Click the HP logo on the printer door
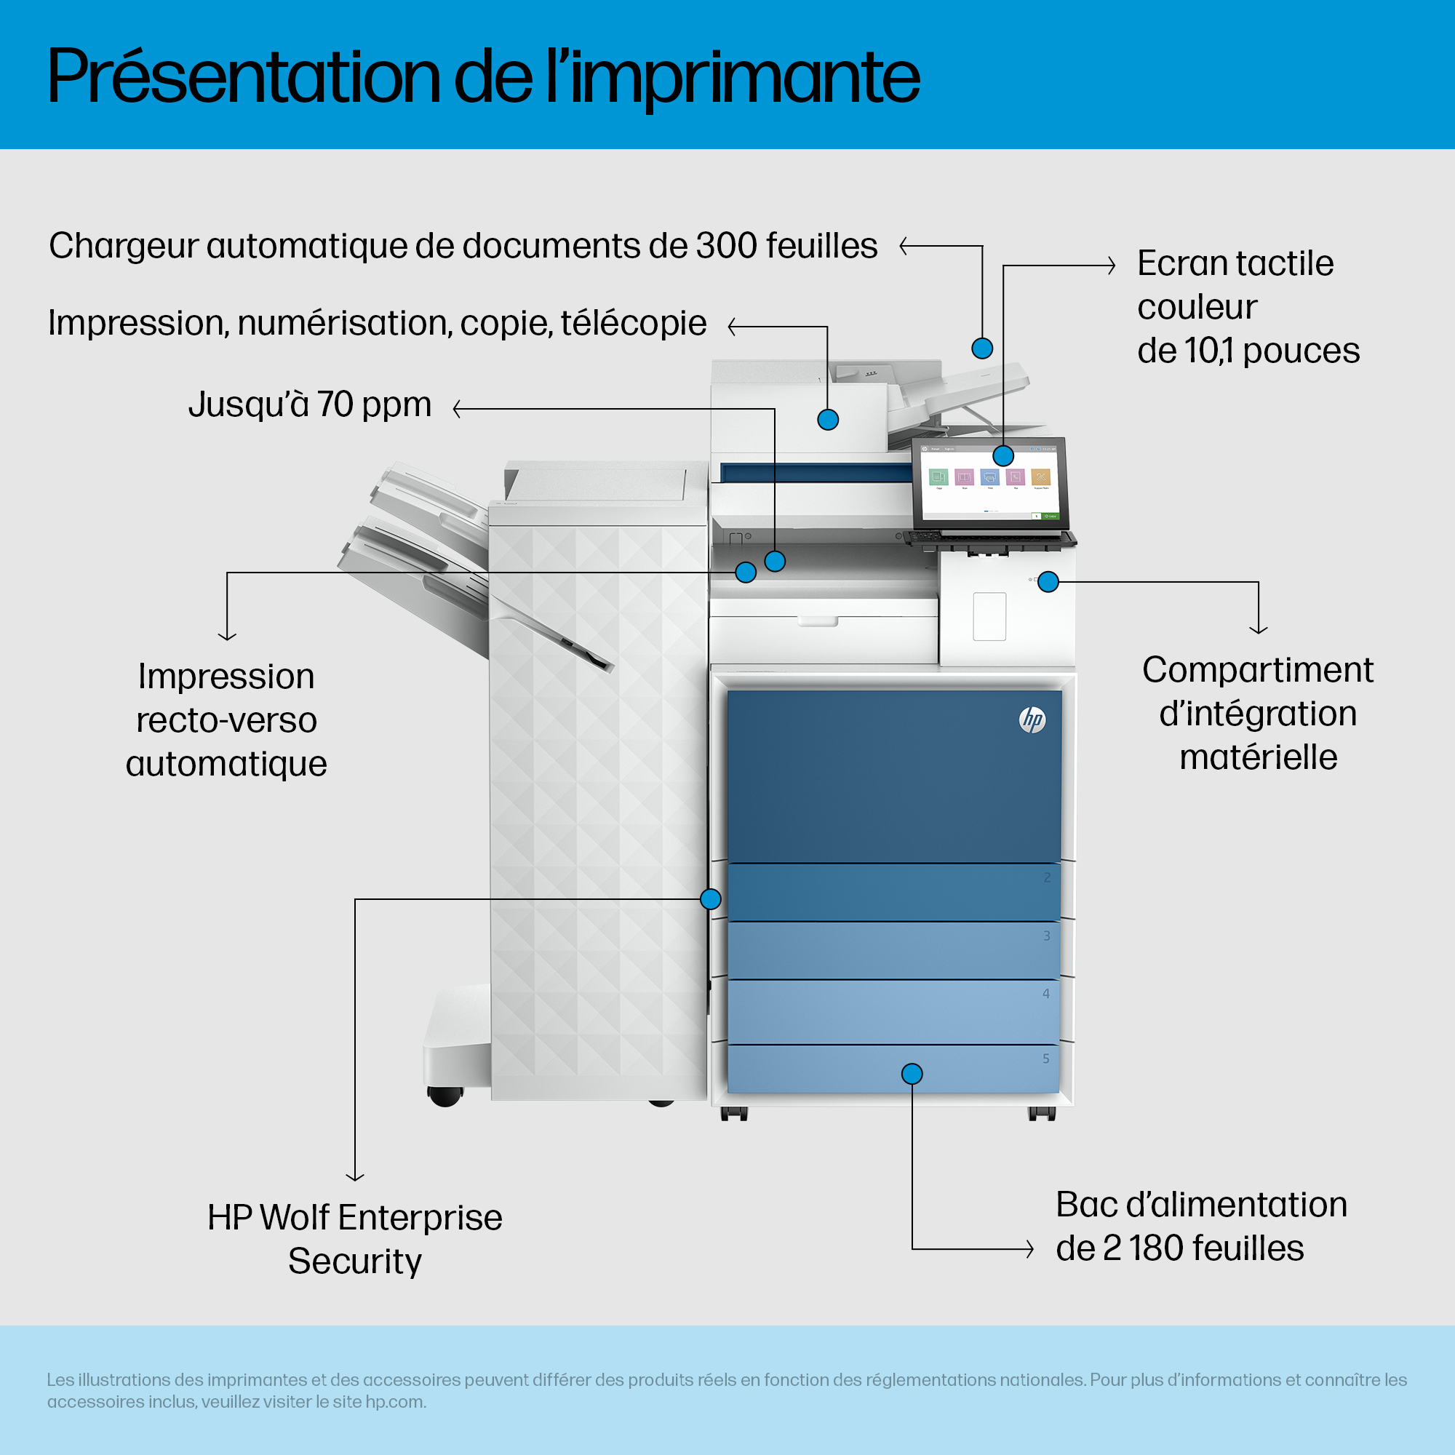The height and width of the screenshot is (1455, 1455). tap(1032, 720)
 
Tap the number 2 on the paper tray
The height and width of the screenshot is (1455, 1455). tap(1047, 877)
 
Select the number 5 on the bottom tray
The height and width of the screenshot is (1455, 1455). tap(1046, 1059)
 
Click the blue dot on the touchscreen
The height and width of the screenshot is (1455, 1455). tap(1003, 455)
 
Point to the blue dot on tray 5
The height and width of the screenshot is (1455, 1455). tap(912, 1074)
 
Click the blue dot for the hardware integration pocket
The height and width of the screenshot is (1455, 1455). tap(1048, 581)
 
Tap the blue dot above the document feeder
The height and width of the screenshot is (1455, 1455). tap(982, 348)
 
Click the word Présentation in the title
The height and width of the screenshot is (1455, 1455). tap(244, 77)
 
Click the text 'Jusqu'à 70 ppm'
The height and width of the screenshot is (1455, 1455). tap(309, 404)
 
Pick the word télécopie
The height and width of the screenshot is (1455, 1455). tap(634, 323)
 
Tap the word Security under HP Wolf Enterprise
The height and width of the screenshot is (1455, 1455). tap(355, 1261)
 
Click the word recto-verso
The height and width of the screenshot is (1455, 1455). tap(227, 721)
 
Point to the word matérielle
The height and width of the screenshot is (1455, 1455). tap(1259, 757)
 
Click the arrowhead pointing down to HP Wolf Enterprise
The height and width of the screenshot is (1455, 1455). tap(355, 1176)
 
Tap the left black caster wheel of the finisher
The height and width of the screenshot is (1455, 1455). tap(445, 1096)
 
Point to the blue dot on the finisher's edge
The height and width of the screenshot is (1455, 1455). tap(710, 898)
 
